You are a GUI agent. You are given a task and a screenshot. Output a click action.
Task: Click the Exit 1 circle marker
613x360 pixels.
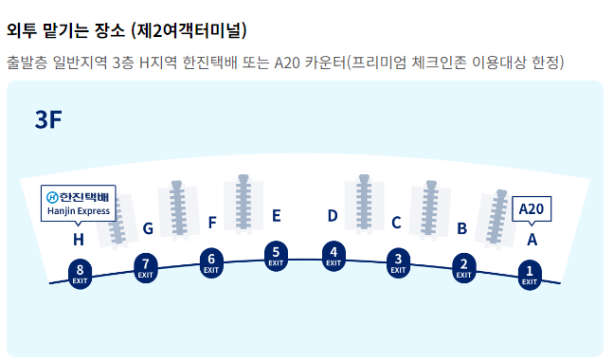(530, 275)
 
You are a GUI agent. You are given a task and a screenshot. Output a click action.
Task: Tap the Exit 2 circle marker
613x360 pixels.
(463, 266)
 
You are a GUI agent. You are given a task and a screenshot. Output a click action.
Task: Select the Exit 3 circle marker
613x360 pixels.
(399, 261)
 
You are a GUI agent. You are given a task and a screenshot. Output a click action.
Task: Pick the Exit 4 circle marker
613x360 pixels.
(333, 255)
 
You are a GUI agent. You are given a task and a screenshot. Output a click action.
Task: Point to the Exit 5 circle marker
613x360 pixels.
(276, 254)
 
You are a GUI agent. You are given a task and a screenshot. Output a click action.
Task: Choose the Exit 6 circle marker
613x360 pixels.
(211, 261)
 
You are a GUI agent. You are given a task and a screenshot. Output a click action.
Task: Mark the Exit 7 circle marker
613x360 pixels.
(145, 266)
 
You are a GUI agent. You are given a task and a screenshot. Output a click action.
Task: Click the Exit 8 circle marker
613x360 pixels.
(81, 274)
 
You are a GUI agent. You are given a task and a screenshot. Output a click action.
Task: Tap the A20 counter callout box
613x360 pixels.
(532, 208)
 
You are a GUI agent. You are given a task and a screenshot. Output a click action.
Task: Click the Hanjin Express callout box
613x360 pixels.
(79, 204)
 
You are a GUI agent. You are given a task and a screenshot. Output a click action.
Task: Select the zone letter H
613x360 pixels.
(79, 240)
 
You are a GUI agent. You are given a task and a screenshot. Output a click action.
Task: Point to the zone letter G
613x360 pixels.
(148, 228)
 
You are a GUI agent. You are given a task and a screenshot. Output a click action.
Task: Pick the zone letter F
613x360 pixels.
(212, 224)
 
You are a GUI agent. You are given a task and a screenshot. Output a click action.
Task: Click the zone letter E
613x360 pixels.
(276, 216)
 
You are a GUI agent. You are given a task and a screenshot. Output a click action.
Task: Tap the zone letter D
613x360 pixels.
(333, 216)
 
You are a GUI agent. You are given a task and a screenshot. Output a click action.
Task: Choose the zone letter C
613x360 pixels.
(396, 224)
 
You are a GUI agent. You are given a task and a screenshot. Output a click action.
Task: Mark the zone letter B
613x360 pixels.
(461, 228)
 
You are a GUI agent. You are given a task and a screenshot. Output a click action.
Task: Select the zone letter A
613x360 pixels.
(532, 240)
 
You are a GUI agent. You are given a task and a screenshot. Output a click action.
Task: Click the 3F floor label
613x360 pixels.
(48, 119)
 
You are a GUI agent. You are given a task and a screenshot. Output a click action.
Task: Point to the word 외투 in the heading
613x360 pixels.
(23, 30)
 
